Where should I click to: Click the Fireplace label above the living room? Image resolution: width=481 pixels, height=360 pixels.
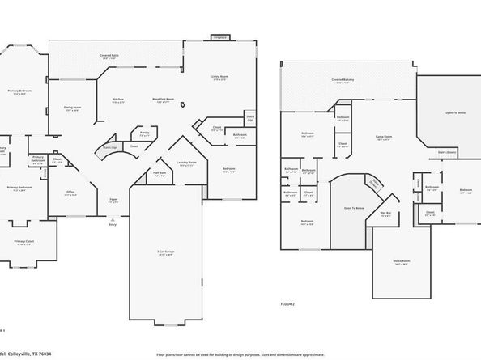pos(219,37)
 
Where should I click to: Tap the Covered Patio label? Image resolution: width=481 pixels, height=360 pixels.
pos(109,56)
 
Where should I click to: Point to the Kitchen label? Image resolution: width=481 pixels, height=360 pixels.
pos(118,99)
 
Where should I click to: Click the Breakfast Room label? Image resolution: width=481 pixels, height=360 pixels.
pos(161,99)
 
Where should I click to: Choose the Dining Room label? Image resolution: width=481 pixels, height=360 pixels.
pos(72,108)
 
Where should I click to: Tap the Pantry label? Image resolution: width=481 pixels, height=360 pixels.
pos(143,133)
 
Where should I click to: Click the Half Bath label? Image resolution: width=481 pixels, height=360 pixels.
pos(160,173)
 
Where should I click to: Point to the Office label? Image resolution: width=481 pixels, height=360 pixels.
pos(71,193)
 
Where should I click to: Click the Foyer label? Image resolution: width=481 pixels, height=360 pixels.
pos(113,200)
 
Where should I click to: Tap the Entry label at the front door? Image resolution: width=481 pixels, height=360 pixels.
pos(113,226)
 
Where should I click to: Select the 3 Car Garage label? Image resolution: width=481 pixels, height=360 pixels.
pos(165,253)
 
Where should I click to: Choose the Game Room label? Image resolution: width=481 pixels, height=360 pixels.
pos(382,138)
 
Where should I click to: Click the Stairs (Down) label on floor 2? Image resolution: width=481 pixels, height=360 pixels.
pos(447,150)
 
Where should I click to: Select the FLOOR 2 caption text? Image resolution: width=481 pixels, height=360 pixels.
pos(288,304)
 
